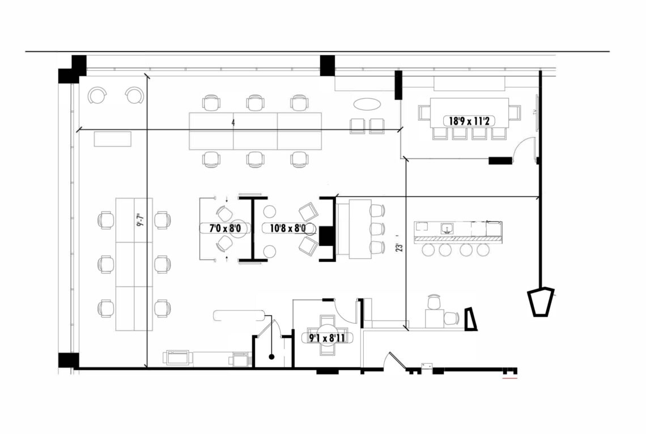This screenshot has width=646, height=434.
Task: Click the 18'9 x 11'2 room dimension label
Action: click(469, 121)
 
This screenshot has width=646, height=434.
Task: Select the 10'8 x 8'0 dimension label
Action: click(288, 228)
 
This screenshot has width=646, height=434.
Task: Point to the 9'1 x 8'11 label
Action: click(328, 338)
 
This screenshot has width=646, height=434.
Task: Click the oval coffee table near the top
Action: click(367, 104)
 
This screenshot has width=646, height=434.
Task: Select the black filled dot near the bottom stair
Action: click(271, 357)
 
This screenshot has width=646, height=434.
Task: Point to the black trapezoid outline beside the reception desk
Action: click(470, 319)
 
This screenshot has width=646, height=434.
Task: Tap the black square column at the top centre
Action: click(328, 66)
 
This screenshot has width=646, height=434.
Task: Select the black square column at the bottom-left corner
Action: click(69, 361)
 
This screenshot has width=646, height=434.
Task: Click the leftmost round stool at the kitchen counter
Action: click(428, 249)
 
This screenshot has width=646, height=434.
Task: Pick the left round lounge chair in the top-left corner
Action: click(97, 96)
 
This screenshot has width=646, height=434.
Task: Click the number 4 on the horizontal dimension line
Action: click(233, 123)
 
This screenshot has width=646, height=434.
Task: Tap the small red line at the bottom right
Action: click(509, 377)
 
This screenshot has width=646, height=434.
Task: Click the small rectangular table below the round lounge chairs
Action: click(112, 139)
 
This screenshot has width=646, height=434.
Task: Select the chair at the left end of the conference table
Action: click(424, 112)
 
